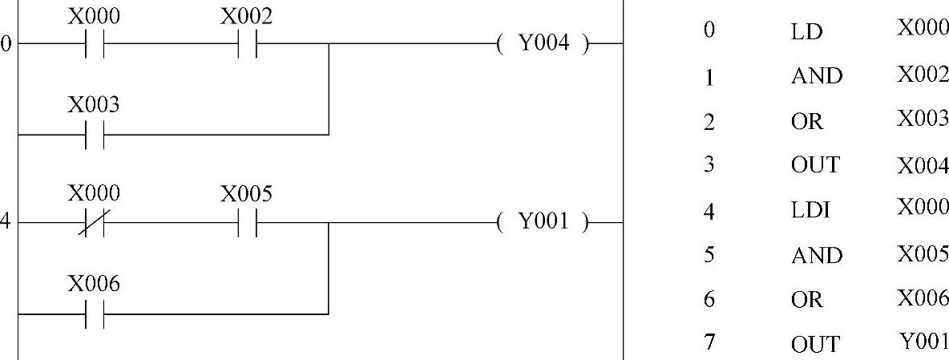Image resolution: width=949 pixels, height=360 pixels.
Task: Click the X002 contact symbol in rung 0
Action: [247, 44]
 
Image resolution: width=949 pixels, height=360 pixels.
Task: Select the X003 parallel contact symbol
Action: [94, 135]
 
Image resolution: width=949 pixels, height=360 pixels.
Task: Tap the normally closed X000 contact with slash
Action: [94, 224]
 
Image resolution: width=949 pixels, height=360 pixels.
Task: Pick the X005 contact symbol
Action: [247, 224]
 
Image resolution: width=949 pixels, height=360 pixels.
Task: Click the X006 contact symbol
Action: [94, 314]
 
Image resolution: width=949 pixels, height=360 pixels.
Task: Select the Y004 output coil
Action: [543, 44]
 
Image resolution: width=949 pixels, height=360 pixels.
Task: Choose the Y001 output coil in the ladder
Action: [543, 223]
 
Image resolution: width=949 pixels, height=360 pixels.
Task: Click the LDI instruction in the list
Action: [810, 211]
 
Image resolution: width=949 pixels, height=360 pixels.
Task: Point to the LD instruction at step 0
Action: [806, 32]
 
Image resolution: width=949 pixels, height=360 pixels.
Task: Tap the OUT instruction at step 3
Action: [815, 165]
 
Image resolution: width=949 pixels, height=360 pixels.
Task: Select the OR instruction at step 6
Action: [806, 300]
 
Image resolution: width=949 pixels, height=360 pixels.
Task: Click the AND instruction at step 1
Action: [816, 76]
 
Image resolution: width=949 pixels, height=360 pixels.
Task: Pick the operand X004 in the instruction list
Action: [923, 167]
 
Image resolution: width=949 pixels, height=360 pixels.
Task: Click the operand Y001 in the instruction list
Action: [923, 342]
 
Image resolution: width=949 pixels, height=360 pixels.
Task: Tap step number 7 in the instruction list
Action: [709, 342]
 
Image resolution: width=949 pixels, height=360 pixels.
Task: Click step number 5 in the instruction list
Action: [709, 255]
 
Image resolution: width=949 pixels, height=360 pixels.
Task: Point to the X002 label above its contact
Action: [247, 15]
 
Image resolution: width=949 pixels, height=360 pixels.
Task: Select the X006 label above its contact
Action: [94, 284]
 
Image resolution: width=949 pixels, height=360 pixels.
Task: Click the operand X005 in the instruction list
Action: [923, 255]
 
